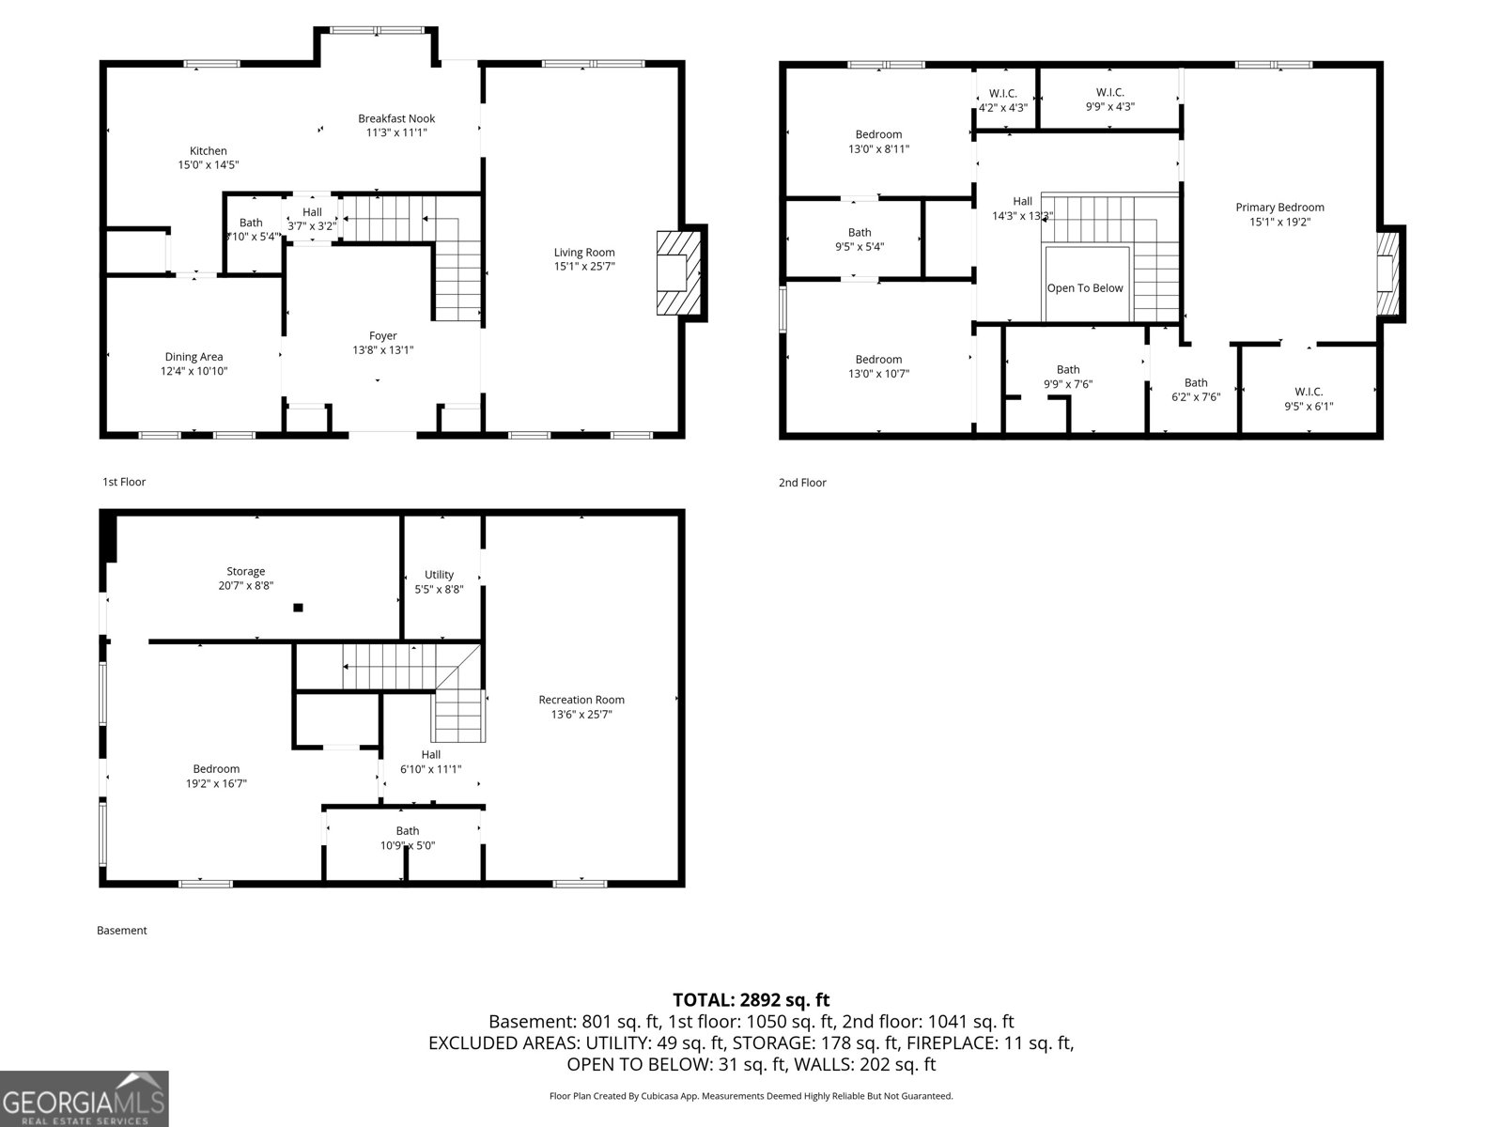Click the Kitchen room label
(208, 151)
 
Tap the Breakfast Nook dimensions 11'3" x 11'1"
(396, 133)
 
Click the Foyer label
(382, 336)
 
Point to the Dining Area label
(194, 357)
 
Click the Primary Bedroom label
(1279, 208)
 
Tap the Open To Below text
(1085, 288)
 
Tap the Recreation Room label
(581, 700)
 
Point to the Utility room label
(439, 575)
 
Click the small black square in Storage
(298, 608)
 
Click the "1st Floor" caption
(124, 482)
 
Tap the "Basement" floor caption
(122, 931)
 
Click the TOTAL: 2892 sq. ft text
(751, 1000)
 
